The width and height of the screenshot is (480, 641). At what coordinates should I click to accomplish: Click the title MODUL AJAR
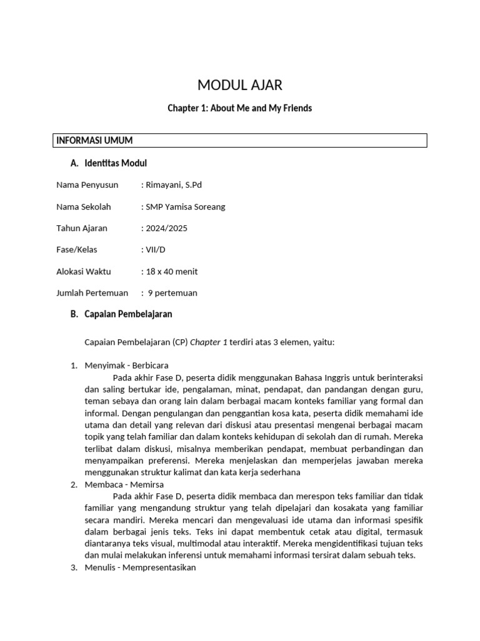239,85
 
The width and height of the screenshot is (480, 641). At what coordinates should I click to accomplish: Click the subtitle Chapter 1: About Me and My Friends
239,108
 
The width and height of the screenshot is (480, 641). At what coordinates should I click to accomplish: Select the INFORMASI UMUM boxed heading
94,141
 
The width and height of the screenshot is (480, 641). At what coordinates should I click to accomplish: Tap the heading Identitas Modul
116,163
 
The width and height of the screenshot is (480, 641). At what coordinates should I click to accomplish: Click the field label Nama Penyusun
87,185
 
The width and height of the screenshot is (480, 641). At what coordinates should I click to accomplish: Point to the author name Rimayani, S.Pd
174,185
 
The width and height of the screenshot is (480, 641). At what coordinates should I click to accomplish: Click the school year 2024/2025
166,228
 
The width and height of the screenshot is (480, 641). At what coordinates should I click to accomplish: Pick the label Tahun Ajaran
83,228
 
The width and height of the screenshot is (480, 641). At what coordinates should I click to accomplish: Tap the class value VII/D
155,250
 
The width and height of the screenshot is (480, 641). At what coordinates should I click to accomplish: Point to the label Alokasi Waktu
84,272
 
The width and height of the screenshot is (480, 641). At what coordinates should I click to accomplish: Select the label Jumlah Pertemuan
92,293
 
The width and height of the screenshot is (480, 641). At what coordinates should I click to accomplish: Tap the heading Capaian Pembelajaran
128,314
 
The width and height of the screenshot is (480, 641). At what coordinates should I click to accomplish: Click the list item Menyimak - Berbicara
126,366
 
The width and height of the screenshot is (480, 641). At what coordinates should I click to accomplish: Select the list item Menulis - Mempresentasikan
140,568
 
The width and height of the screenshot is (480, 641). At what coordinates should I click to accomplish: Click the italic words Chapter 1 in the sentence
209,342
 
